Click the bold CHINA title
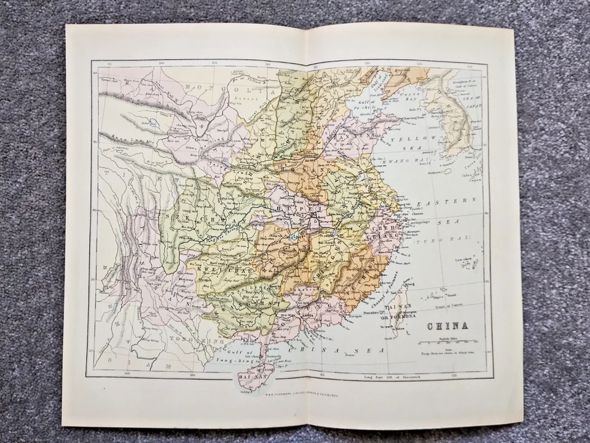[447, 326]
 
